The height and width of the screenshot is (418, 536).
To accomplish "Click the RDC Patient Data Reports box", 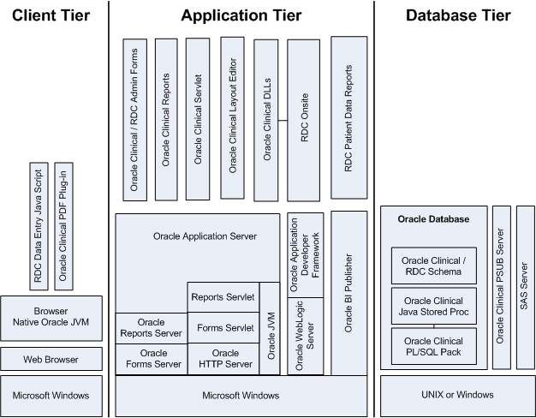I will tap(348, 117).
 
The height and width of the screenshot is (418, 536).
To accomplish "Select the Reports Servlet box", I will tap(221, 298).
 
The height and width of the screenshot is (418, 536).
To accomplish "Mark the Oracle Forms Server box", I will tap(152, 358).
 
